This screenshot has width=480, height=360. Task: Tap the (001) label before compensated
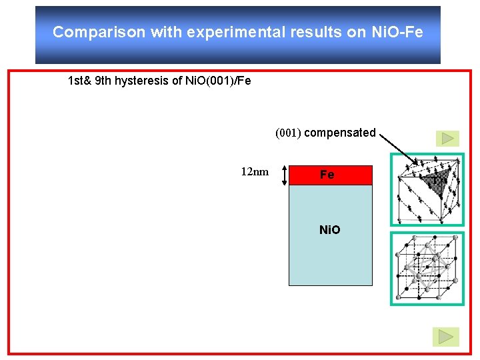pyautogui.click(x=289, y=133)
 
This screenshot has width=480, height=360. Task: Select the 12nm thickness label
pyautogui.click(x=255, y=172)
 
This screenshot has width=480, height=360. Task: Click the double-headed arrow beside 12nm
pyautogui.click(x=285, y=175)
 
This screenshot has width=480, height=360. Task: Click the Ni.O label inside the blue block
pyautogui.click(x=330, y=230)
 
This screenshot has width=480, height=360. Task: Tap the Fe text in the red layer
pyautogui.click(x=327, y=175)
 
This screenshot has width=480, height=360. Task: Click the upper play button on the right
pyautogui.click(x=446, y=138)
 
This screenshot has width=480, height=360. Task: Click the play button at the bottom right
pyautogui.click(x=445, y=337)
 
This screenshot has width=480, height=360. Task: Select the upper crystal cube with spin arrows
pyautogui.click(x=427, y=191)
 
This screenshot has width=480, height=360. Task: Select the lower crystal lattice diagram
pyautogui.click(x=427, y=268)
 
